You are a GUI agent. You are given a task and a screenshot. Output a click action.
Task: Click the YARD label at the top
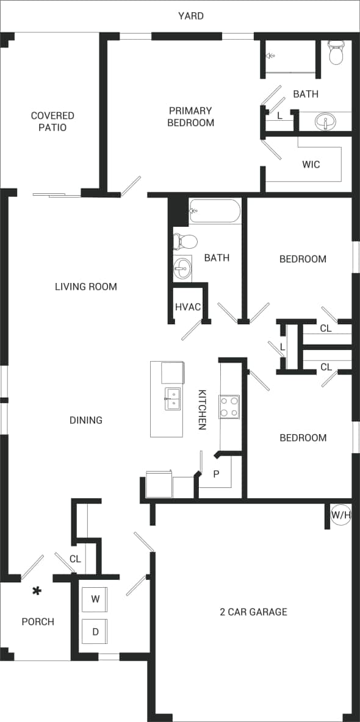(x=191, y=16)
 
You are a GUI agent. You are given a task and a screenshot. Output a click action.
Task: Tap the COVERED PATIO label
(x=52, y=121)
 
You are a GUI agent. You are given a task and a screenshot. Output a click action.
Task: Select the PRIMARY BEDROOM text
(x=191, y=116)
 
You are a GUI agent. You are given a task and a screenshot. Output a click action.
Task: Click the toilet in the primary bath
(x=336, y=53)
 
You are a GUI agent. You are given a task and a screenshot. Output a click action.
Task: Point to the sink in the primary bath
(x=326, y=122)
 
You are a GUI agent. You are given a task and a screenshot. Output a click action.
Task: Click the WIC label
(x=311, y=165)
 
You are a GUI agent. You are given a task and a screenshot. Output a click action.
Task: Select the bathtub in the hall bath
(x=214, y=212)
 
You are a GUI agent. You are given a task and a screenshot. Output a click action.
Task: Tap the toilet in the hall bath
(x=185, y=241)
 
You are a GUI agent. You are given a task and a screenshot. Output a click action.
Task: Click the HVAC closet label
(x=188, y=307)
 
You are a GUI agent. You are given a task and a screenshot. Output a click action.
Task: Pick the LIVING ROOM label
(x=86, y=287)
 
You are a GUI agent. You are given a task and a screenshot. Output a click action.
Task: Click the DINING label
(x=86, y=420)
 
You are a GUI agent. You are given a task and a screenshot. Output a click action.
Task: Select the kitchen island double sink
(x=173, y=399)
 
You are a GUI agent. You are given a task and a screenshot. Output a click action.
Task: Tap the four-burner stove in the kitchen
(x=229, y=407)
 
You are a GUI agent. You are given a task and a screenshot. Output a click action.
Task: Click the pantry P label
(x=215, y=474)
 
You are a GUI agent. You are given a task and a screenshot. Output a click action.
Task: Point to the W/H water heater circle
(x=341, y=515)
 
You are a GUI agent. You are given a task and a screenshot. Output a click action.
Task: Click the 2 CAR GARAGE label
(x=253, y=612)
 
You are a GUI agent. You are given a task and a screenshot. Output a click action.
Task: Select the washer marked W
(x=95, y=599)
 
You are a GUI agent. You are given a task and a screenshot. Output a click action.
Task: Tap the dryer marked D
(x=95, y=632)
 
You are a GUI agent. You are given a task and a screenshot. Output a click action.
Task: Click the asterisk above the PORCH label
(x=37, y=591)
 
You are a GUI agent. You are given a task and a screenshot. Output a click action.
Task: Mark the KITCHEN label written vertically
(x=202, y=410)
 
